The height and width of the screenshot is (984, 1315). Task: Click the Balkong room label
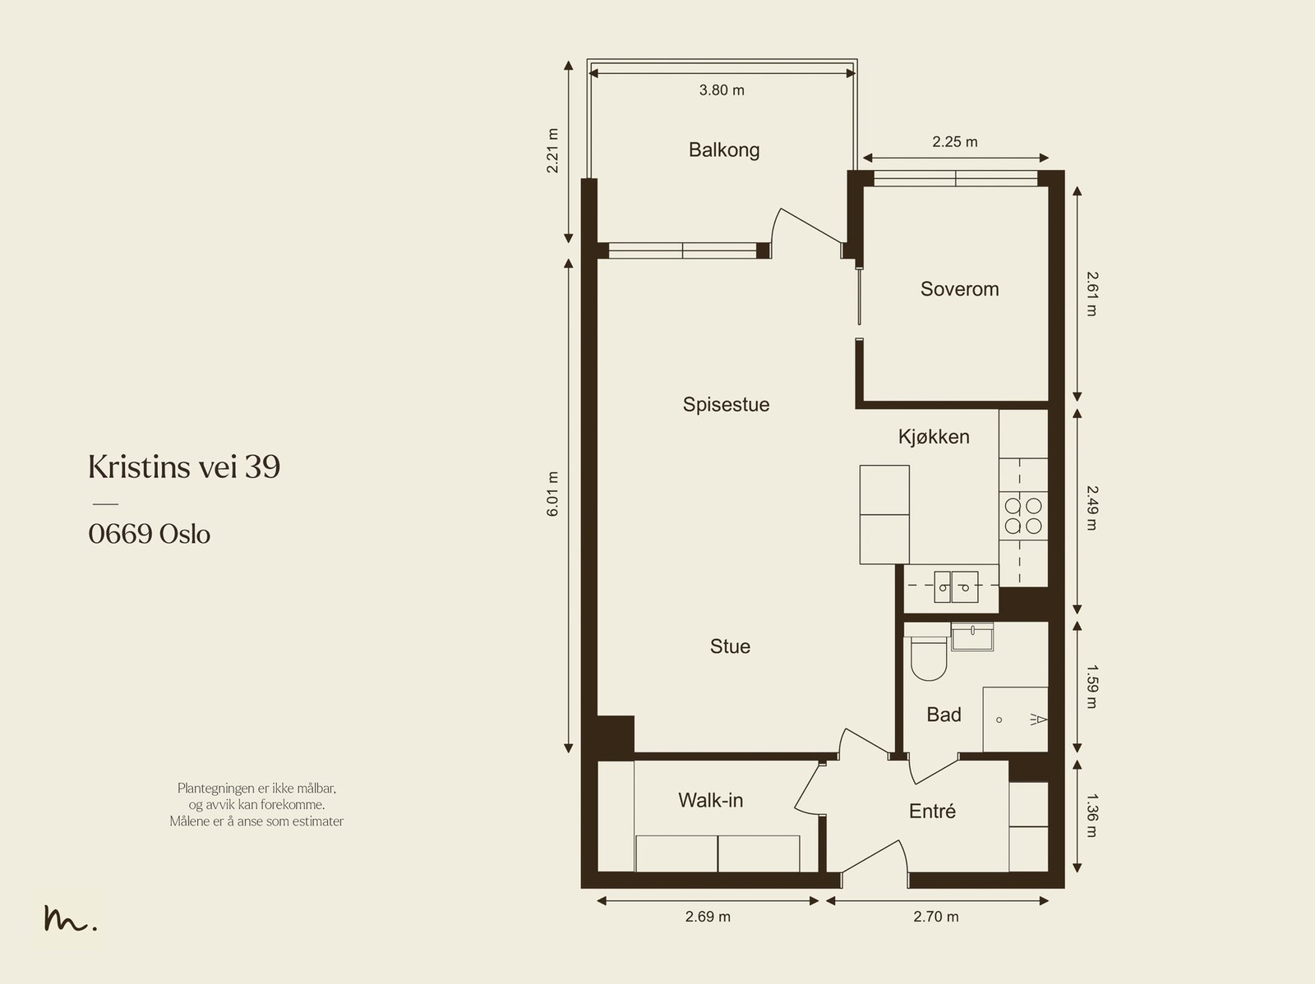[x=724, y=149]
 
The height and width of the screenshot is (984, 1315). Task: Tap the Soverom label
[x=959, y=289]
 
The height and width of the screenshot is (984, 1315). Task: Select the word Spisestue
[x=726, y=405]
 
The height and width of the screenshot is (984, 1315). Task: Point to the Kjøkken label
[x=934, y=436]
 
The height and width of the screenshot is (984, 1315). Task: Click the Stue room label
[x=730, y=646]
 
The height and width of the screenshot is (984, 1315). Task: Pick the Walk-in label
[x=711, y=800]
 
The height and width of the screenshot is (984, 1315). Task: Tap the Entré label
[x=932, y=811]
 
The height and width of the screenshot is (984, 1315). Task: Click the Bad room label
[x=944, y=714]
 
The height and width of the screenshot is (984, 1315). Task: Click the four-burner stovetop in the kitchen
[x=1023, y=516]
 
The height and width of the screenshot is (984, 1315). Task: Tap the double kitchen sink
[x=956, y=586]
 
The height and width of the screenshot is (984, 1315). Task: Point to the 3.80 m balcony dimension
[x=722, y=90]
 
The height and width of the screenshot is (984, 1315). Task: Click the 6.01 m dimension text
[x=552, y=494]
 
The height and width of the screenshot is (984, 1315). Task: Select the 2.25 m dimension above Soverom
[x=954, y=142]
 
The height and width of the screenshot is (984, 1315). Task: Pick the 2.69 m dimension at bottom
[x=708, y=917]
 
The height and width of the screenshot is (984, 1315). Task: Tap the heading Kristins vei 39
[x=184, y=467]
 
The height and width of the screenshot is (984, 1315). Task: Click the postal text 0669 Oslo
[x=150, y=534]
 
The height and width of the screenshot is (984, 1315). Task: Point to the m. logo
[x=70, y=918]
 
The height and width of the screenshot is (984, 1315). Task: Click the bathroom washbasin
[x=971, y=637]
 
